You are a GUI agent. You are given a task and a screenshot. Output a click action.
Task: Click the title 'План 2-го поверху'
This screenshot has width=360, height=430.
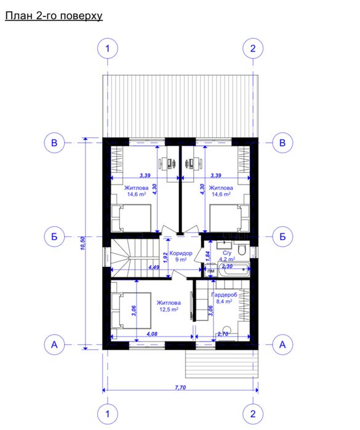(x=54, y=16)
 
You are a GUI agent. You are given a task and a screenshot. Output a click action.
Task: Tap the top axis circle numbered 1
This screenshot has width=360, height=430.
(x=108, y=49)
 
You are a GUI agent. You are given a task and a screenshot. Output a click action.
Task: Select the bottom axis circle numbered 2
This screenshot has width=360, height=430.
(x=253, y=413)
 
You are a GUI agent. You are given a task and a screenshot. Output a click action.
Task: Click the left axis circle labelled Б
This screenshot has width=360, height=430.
(x=54, y=236)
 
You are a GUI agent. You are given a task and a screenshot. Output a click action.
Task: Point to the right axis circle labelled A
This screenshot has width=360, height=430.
(x=282, y=344)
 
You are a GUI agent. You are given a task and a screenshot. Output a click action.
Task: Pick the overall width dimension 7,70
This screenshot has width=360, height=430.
(x=180, y=388)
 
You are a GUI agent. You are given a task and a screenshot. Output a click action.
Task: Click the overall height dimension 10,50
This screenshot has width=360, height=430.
(x=83, y=243)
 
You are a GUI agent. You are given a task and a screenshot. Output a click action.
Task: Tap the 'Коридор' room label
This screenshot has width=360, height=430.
(x=181, y=253)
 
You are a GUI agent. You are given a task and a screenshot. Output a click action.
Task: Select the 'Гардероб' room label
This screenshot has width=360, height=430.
(x=224, y=295)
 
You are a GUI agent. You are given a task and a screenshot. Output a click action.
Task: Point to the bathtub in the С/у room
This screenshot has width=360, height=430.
(x=233, y=269)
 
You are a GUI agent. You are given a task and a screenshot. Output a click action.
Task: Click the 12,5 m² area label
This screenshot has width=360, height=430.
(x=169, y=309)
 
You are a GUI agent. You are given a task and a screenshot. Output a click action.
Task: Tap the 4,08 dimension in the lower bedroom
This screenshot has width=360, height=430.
(x=152, y=334)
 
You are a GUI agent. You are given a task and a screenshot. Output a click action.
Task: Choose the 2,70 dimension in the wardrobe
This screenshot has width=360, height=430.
(x=223, y=334)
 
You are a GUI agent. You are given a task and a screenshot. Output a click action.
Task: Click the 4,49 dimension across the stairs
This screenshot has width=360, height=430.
(x=154, y=267)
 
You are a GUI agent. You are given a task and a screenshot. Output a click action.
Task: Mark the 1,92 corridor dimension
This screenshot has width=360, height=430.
(x=165, y=258)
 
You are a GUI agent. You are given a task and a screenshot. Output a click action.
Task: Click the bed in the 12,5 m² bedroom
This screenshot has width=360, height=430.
(x=131, y=311)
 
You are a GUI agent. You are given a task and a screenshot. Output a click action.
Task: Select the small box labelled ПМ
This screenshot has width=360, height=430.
(x=210, y=271)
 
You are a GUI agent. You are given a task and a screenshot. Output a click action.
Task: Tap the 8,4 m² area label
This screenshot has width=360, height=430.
(x=224, y=301)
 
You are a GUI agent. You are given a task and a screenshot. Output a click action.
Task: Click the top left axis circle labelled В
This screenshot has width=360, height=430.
(x=54, y=143)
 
